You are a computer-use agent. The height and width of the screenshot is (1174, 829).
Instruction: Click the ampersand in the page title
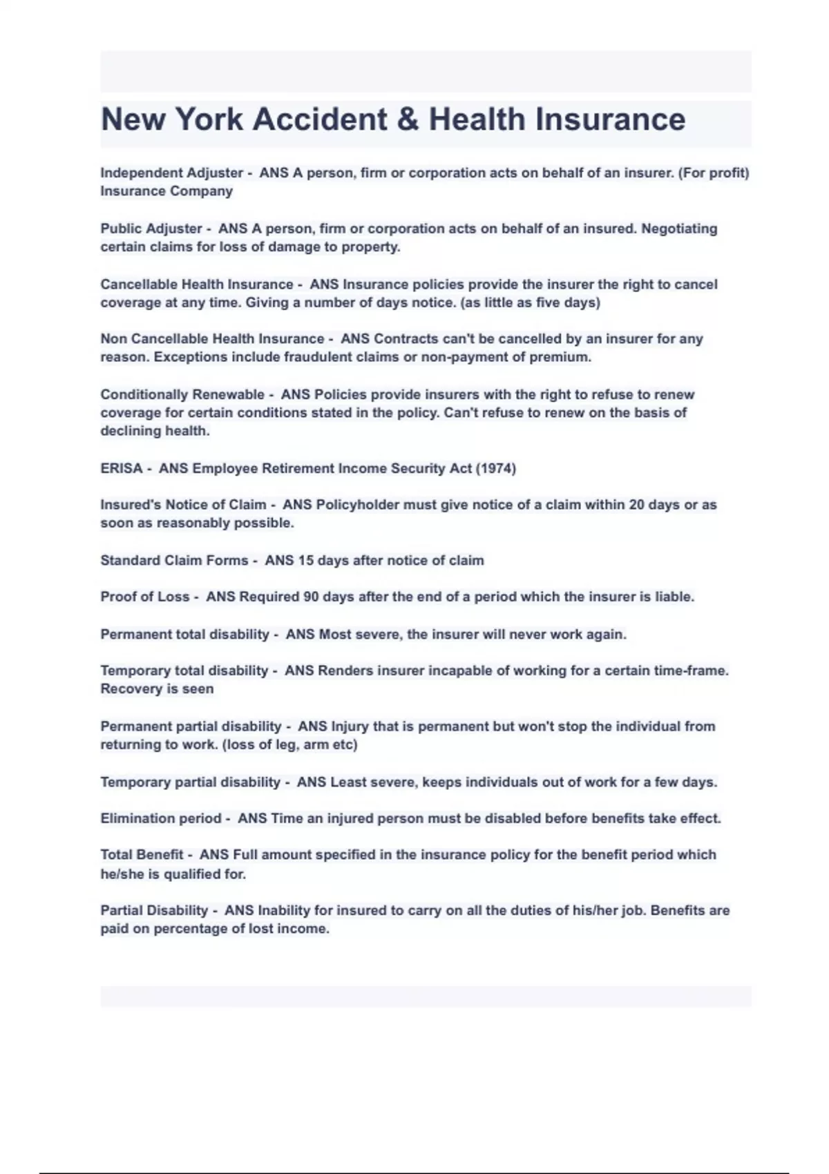click(408, 119)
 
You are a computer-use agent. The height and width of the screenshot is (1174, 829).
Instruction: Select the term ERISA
click(122, 468)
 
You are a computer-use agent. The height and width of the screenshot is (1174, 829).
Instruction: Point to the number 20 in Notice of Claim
click(636, 505)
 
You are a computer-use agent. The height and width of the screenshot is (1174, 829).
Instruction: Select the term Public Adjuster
click(151, 229)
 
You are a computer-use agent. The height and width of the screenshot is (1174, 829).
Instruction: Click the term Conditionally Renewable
click(182, 394)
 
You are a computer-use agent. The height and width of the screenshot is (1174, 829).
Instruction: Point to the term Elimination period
click(161, 818)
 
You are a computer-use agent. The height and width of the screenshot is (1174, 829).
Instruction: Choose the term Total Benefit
click(142, 855)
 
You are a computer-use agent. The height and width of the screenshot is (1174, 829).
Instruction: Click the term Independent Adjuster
click(171, 173)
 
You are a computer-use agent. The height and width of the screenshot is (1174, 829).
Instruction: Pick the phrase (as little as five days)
click(530, 302)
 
